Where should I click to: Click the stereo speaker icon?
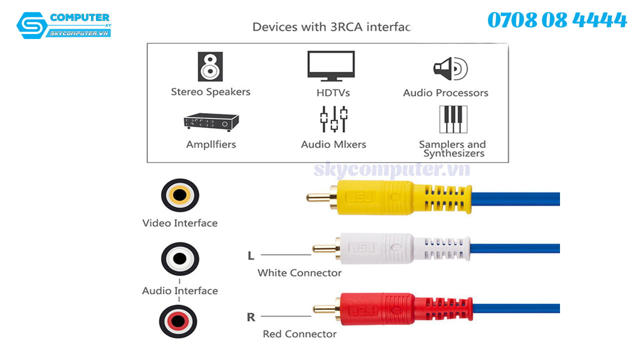coord(210,66)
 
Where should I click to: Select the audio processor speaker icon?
coord(450,68)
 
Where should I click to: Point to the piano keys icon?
coord(453,119)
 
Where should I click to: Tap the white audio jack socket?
coord(179,258)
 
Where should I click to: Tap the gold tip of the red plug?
coord(324,309)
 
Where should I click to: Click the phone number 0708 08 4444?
coord(557,20)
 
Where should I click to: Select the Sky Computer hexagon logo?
coord(32,25)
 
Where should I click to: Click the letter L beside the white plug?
coord(251,256)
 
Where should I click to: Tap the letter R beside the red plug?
coord(251,317)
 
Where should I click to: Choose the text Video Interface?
coord(180,223)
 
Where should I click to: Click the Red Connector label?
coord(299,334)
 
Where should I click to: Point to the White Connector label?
coord(299,273)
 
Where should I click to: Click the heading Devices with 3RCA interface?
coord(331,26)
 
